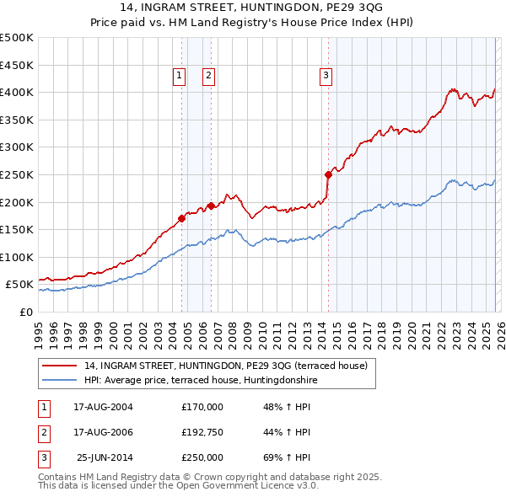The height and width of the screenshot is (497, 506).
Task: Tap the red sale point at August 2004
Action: click(x=181, y=217)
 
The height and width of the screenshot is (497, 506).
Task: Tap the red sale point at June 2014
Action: click(x=328, y=174)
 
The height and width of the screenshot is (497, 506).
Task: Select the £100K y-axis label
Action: click(x=17, y=257)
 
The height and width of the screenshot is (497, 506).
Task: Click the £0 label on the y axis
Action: click(x=26, y=312)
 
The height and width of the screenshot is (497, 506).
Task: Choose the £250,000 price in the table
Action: click(x=202, y=457)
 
